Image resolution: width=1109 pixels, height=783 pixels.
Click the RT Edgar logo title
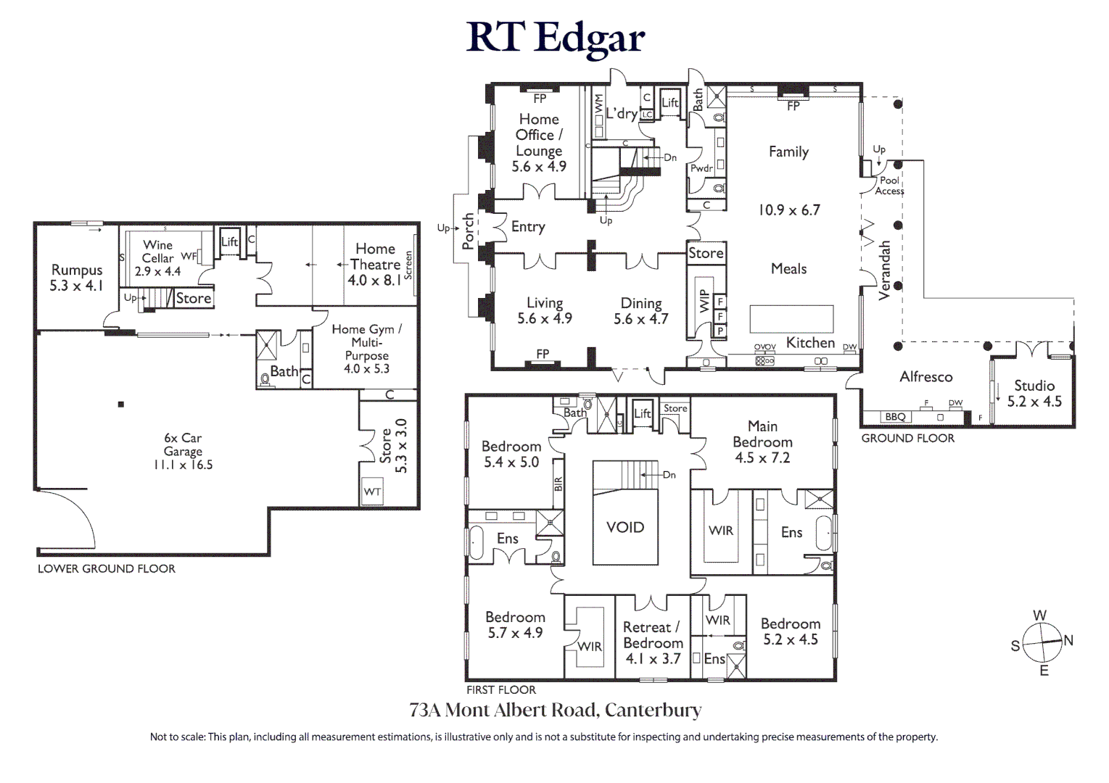(555, 38)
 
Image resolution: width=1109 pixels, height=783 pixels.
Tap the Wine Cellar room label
(157, 252)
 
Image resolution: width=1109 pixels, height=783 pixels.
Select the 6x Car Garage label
(183, 444)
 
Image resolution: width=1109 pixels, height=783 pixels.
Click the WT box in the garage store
(372, 492)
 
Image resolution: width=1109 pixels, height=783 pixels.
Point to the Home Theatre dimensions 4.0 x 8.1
(374, 280)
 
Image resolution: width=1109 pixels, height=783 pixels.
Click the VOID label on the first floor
(625, 527)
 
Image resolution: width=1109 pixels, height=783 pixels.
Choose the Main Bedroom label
(762, 434)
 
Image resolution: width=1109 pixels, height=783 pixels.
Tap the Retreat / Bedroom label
(652, 635)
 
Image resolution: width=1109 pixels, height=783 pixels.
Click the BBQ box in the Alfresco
(895, 417)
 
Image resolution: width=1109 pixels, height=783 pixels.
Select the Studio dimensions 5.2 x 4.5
(1034, 402)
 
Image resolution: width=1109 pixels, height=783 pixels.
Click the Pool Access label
(889, 186)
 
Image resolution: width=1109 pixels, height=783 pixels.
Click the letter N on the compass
(1068, 640)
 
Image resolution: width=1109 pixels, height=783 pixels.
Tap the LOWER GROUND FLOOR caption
(107, 568)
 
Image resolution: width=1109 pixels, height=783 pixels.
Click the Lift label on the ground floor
(669, 103)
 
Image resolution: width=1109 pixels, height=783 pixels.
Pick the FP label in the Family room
(793, 106)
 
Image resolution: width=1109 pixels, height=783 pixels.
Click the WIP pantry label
(703, 302)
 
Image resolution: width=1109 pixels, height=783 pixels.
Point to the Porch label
(469, 231)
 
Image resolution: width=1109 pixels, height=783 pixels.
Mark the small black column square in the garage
(121, 404)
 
